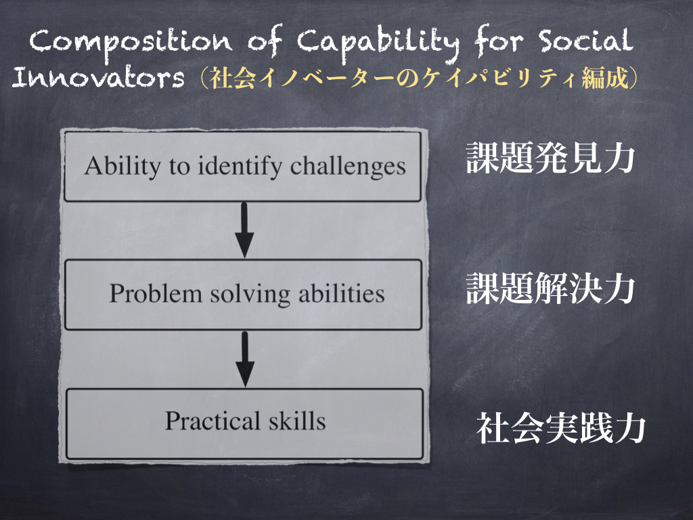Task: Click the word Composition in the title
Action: [x=131, y=43]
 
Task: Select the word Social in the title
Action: [x=585, y=41]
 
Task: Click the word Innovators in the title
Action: [x=98, y=77]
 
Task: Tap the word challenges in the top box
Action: [x=348, y=167]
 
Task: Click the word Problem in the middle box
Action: [x=156, y=293]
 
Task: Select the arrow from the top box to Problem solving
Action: [x=244, y=230]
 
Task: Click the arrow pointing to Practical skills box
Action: [x=245, y=360]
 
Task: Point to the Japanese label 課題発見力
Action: [x=551, y=157]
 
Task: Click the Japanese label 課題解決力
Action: [x=551, y=288]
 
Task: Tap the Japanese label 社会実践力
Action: [x=561, y=428]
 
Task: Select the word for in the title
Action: [x=499, y=41]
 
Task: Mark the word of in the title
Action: [x=265, y=41]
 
